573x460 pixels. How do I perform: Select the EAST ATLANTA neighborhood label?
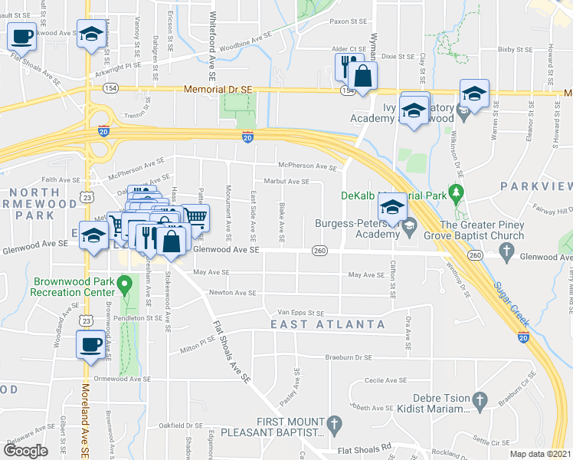pos(327,324)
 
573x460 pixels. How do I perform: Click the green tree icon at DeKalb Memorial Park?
pos(457,192)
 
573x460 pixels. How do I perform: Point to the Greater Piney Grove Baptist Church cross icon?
pos(506,251)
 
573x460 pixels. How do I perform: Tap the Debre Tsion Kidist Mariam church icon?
pos(480,399)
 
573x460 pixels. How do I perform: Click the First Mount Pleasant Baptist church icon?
pos(333,423)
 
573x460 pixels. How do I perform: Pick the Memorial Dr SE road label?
pos(218,90)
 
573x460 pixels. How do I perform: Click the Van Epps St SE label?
pos(300,313)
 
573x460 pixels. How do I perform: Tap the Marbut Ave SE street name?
pos(286,182)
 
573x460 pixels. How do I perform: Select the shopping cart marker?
pos(195,217)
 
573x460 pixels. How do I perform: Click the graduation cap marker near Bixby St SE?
pos(474,94)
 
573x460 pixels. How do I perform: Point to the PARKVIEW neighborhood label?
pos(536,186)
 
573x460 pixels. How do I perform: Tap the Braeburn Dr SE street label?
pos(347,357)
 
